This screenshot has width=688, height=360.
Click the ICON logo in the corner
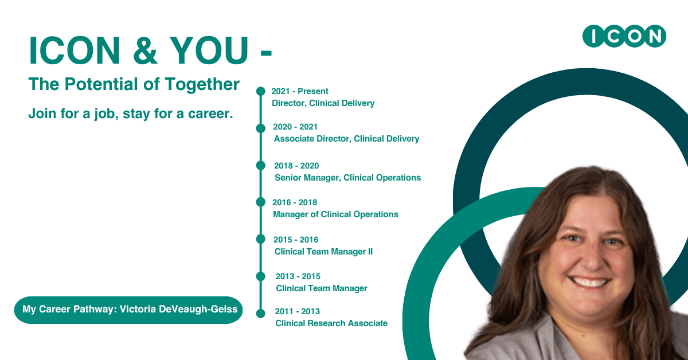point(624,36)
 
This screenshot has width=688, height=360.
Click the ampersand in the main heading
point(145,50)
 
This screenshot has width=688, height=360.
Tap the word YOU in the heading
point(209,50)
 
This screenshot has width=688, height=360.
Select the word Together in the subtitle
point(202,84)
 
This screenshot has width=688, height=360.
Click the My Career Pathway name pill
point(128,310)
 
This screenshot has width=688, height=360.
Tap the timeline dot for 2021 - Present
point(261,91)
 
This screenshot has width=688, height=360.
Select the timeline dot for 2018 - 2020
point(261,165)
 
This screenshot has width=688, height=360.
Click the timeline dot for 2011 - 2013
point(261,314)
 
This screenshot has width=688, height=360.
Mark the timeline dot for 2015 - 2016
point(261,239)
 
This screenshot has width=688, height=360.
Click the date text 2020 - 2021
point(295,127)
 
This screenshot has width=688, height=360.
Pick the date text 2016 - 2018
point(295,202)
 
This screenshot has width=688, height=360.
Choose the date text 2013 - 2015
point(298,276)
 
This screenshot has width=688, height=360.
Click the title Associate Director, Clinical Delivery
point(346,139)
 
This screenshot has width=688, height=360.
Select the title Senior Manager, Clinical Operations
point(347,178)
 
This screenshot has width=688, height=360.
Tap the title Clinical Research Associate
point(331,323)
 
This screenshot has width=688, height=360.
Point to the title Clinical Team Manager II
point(323,252)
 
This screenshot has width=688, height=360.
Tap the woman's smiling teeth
point(589,281)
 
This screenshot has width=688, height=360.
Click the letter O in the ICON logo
point(635,36)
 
